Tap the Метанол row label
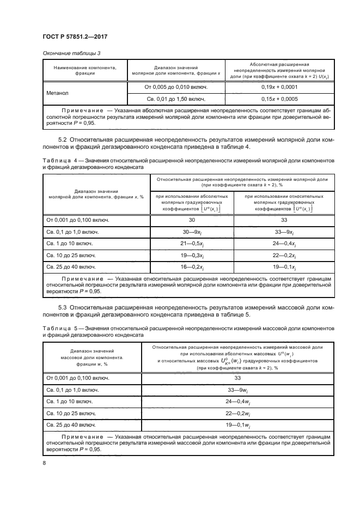pos(58,93)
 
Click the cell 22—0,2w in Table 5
pos(237,414)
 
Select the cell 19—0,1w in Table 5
pos(237,425)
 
